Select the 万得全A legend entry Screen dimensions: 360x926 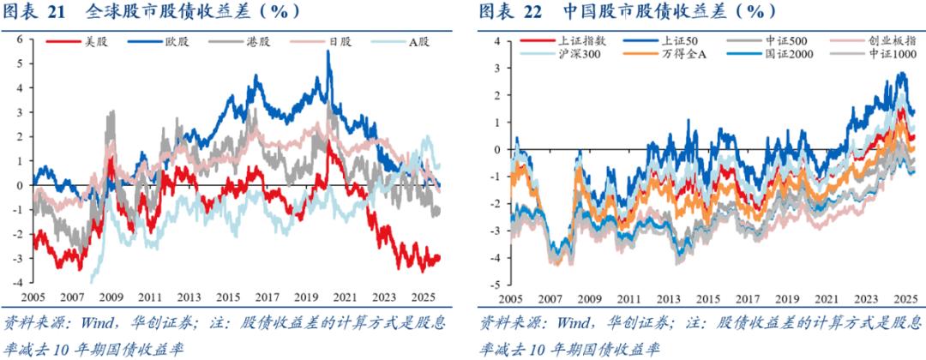coord(675,54)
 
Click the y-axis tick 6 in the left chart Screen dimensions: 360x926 coord(19,40)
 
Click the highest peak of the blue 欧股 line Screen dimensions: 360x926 coord(329,51)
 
